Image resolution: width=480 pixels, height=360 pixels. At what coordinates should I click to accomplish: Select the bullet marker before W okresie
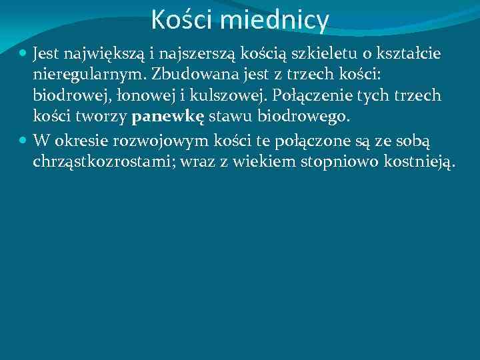click(23, 141)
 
